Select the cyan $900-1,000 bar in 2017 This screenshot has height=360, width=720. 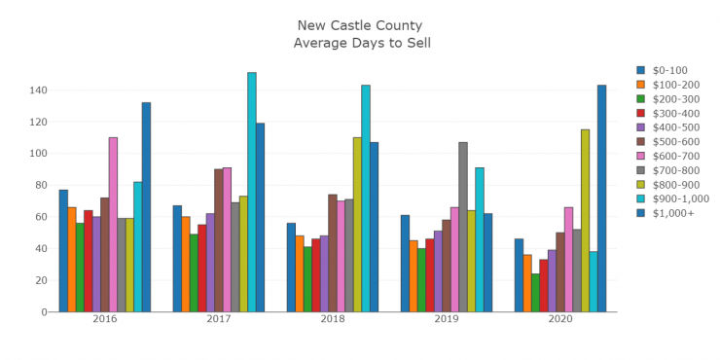click(252, 192)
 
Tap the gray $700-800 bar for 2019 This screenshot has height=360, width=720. click(463, 227)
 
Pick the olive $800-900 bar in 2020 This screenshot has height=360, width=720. click(585, 220)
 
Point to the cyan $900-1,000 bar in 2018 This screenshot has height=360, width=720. click(366, 198)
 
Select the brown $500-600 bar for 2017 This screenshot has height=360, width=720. click(219, 240)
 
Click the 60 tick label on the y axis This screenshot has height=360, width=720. click(40, 217)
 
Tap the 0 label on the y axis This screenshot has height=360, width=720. click(43, 311)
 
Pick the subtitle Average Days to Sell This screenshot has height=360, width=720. click(362, 43)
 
